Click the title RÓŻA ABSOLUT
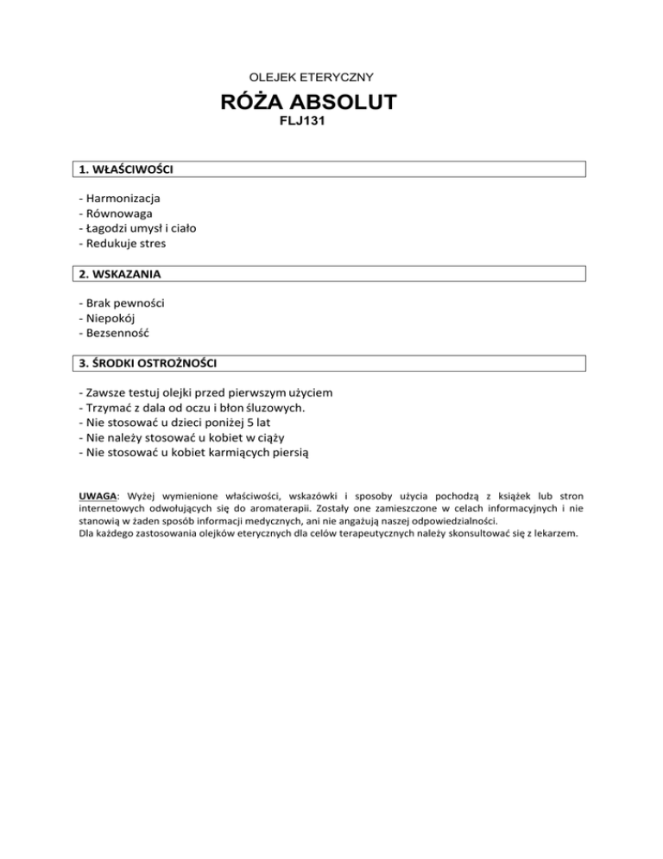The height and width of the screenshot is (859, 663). [310, 103]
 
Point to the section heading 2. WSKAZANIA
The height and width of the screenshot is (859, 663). [119, 274]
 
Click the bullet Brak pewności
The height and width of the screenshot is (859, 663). [123, 303]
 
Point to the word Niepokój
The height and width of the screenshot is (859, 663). [110, 318]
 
